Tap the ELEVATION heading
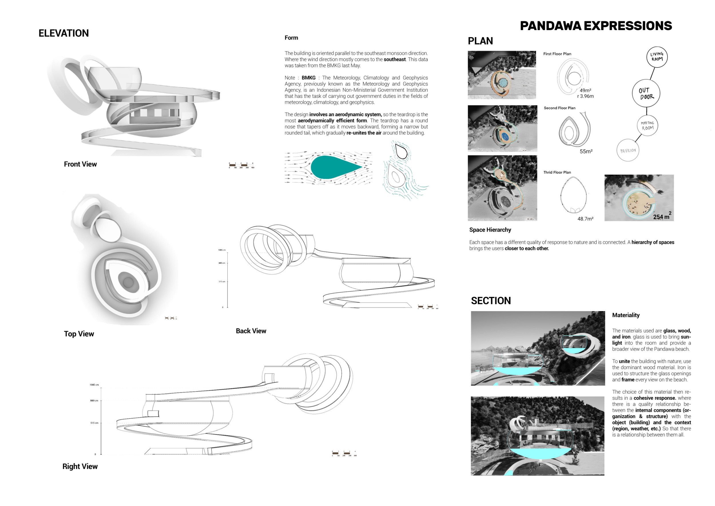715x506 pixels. click(63, 33)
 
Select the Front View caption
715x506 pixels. click(80, 164)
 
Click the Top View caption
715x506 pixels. click(79, 334)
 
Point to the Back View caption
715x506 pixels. click(251, 331)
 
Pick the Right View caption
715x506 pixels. click(80, 467)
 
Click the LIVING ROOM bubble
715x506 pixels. click(657, 57)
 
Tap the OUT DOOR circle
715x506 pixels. click(646, 94)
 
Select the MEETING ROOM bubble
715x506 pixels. click(648, 126)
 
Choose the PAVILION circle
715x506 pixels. click(628, 151)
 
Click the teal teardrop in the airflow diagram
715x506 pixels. click(333, 167)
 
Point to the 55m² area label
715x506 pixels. click(586, 151)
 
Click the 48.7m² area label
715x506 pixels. click(585, 219)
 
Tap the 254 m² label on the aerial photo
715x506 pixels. click(662, 217)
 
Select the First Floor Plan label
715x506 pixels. click(557, 54)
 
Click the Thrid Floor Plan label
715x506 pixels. click(557, 172)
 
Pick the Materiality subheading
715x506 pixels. click(626, 315)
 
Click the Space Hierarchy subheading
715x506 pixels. click(490, 230)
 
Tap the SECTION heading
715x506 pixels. click(490, 301)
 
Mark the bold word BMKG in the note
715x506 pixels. click(308, 78)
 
